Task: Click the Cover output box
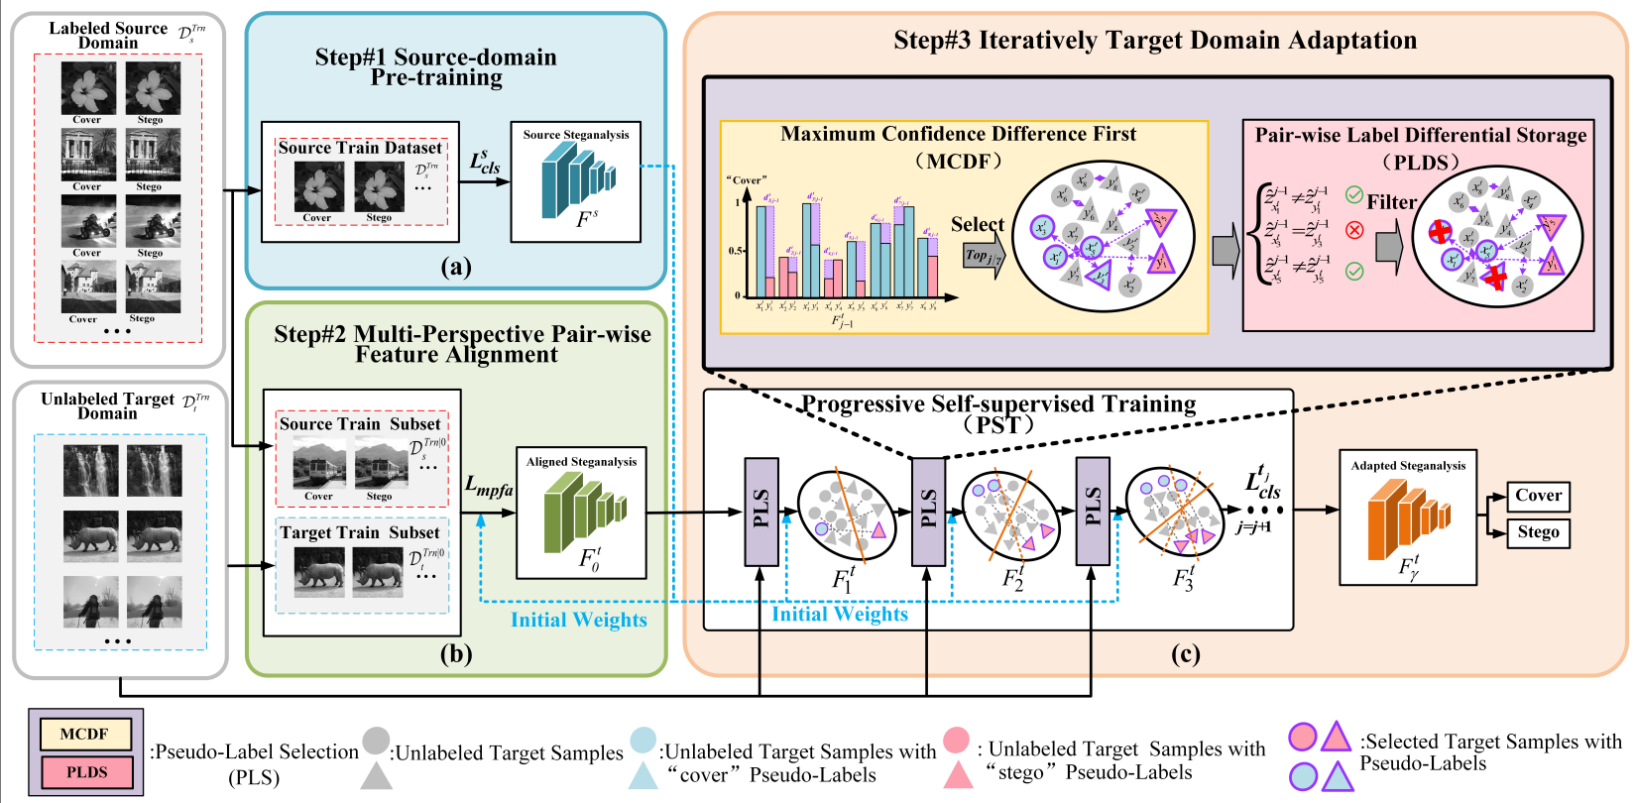1538,496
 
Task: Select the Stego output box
1538,532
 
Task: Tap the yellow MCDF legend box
84,734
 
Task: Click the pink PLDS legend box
86,772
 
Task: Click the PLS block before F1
760,511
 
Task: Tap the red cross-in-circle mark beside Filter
1354,230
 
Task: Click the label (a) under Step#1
455,266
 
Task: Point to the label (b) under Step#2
455,653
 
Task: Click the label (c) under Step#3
1185,653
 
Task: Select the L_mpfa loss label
489,486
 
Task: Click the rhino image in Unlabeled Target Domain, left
90,536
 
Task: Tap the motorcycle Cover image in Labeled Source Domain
87,220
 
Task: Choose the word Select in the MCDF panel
977,225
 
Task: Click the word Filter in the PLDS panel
1391,202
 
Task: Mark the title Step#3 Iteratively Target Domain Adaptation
1155,41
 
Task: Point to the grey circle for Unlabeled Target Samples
376,741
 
